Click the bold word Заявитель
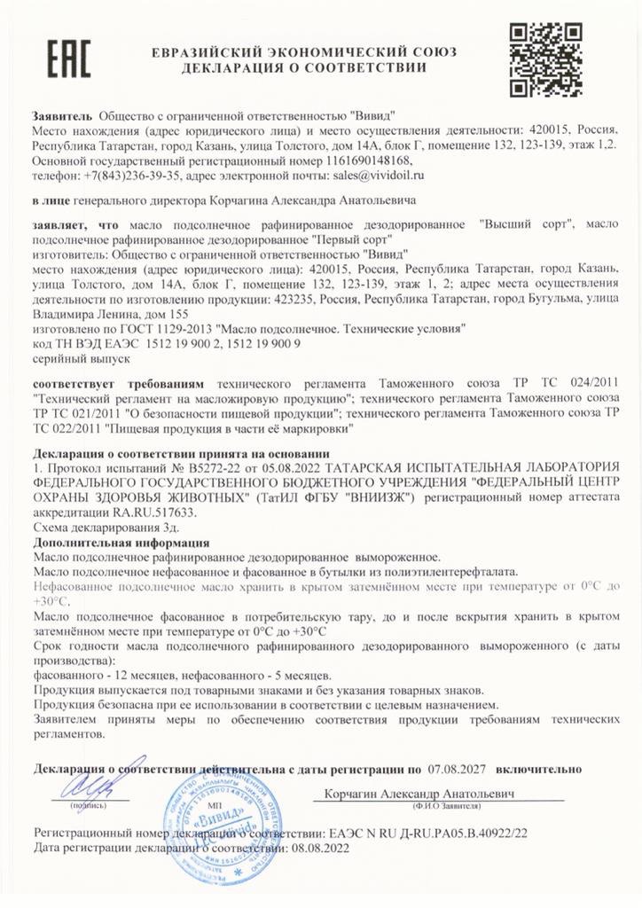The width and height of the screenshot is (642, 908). [x=61, y=115]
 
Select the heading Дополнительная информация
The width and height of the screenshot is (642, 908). [x=121, y=542]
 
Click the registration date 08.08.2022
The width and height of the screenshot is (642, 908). [x=316, y=848]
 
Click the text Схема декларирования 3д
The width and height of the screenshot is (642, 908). [x=95, y=527]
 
